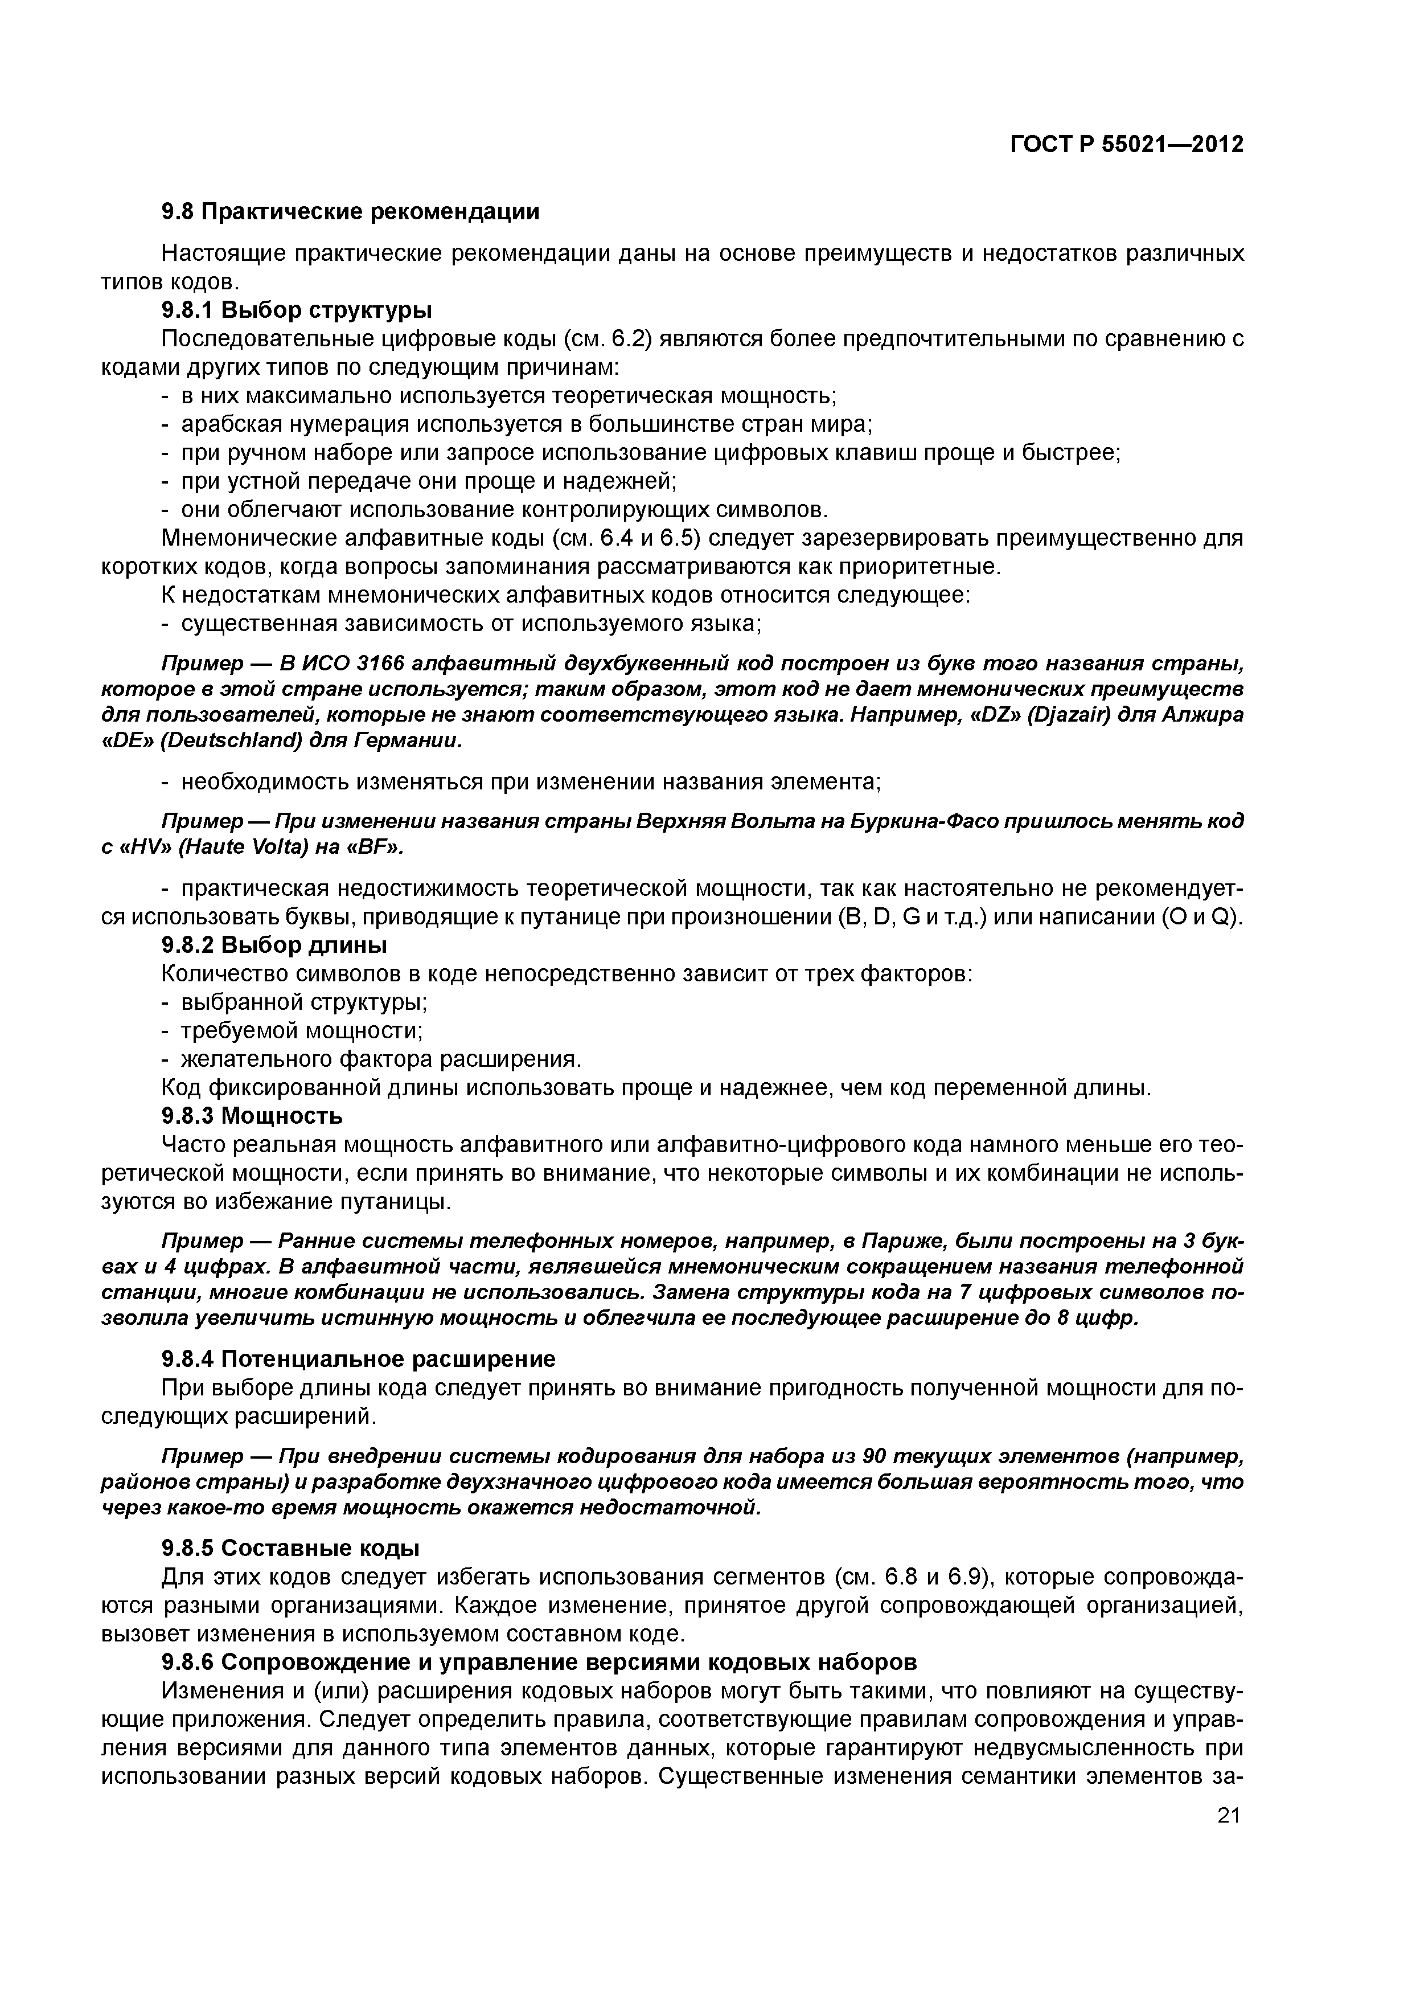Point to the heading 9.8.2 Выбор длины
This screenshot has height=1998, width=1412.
coord(274,945)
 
